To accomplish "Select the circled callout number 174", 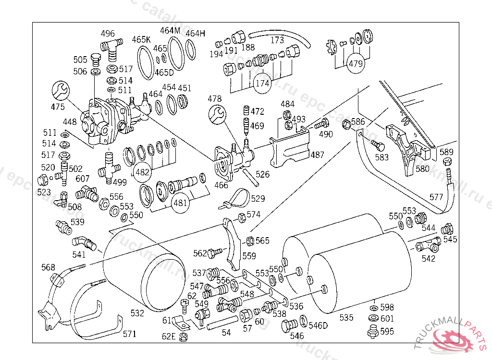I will pos(262,83).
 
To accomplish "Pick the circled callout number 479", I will pos(356,64).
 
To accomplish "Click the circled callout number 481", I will pos(180,203).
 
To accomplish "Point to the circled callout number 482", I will pos(143,171).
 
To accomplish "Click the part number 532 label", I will pos(137,313).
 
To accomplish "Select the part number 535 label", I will pos(346,317).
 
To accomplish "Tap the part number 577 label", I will pos(436,197).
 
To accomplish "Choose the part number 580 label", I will pos(422,168).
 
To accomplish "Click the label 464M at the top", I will pos(170,31).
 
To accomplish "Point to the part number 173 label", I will pos(277,40).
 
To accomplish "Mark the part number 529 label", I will pos(258,198).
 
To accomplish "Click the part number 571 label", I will pos(129,334).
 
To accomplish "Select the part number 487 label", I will pos(318,155).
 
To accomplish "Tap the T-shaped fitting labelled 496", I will pos(109,48).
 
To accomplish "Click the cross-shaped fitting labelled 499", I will pos(109,169).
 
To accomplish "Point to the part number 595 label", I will pos(387,331).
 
